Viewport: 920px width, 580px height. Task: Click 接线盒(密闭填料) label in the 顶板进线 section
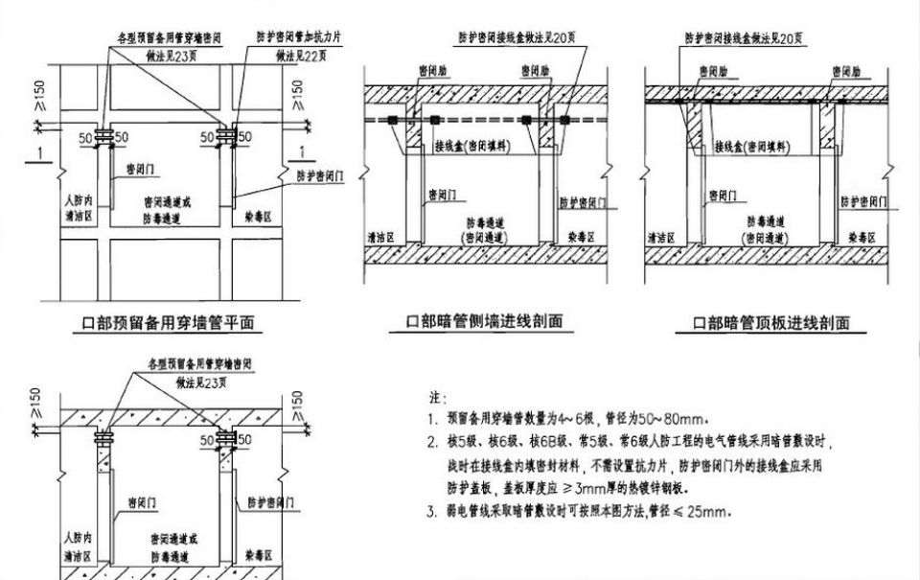pyautogui.click(x=756, y=149)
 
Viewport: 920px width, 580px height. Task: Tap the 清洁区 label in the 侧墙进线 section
pyautogui.click(x=381, y=236)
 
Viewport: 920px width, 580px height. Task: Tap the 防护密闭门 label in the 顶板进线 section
pyautogui.click(x=863, y=201)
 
